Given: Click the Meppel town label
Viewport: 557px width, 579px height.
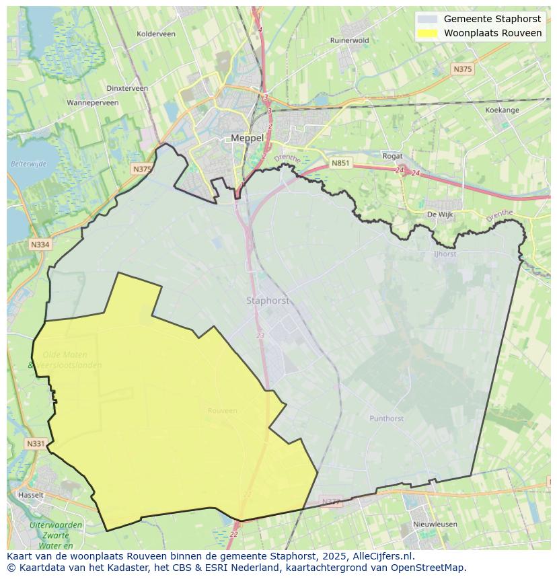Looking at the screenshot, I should (x=247, y=138).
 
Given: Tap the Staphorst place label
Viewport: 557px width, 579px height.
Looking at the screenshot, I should (x=267, y=301).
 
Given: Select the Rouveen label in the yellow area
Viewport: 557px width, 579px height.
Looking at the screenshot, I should (x=222, y=411).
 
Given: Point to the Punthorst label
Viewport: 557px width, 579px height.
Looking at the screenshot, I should (x=386, y=418).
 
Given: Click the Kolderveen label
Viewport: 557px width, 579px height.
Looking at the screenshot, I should (x=155, y=34).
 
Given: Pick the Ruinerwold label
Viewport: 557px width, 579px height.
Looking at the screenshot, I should (x=349, y=40).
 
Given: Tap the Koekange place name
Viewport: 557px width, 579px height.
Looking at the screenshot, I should (x=502, y=110).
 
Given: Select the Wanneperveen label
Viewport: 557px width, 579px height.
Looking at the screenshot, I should (x=93, y=103).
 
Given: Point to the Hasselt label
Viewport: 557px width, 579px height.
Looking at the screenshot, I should (x=31, y=495).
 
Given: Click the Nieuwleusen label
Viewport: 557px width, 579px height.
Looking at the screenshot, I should (x=435, y=524).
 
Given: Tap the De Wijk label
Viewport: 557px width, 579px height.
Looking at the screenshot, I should (x=441, y=215).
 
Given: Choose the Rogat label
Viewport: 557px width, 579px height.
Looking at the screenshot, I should (x=392, y=156).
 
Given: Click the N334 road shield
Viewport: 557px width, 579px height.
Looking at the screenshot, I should (x=40, y=245).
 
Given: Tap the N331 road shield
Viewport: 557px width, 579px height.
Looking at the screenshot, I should (x=36, y=444).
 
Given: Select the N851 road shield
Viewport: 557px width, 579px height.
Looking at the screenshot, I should (x=340, y=163).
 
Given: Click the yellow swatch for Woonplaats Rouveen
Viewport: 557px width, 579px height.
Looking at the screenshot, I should (x=427, y=33).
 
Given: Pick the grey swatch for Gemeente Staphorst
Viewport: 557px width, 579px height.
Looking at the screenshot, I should (x=427, y=20).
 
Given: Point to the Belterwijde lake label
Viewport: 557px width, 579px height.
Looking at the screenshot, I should (x=28, y=163).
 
